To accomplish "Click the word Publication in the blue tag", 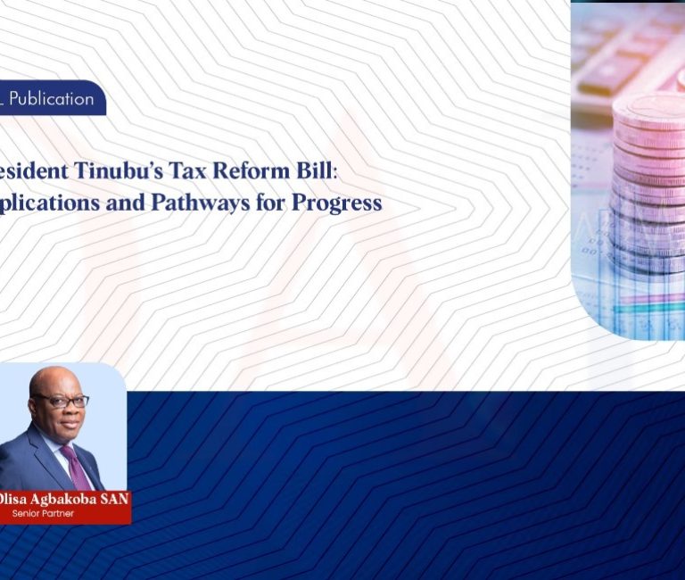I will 52,98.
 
